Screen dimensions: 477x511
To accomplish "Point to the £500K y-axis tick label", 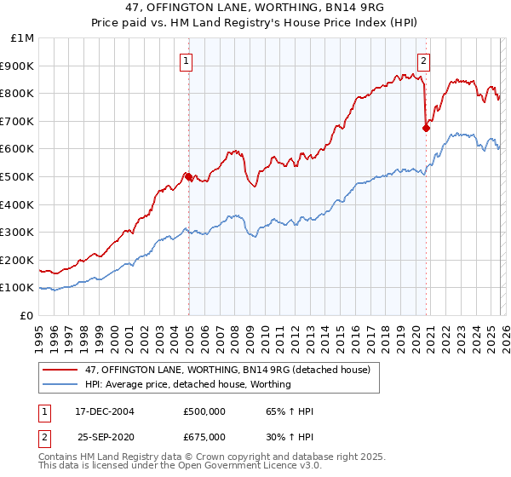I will click(19, 176).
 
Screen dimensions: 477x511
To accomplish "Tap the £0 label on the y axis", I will click(27, 315).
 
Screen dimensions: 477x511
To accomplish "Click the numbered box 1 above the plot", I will click(186, 60).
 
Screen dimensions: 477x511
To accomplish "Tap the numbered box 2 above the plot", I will click(423, 60).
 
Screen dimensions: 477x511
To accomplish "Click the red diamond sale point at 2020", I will click(425, 128).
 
